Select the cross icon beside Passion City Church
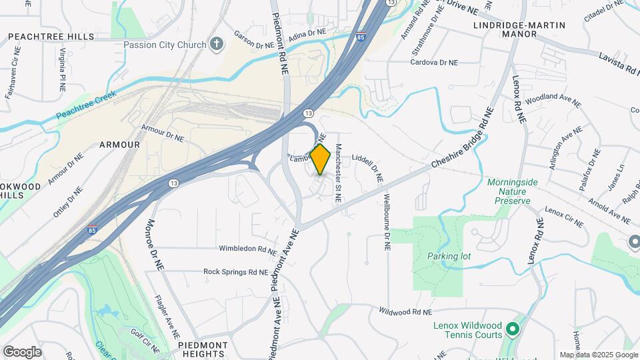tap(215, 45)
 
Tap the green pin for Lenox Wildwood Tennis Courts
tap(512, 329)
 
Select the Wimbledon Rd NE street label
tap(248, 250)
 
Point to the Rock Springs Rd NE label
tap(235, 272)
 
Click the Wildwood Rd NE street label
tap(405, 311)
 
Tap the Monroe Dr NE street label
tap(155, 245)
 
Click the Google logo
tap(22, 352)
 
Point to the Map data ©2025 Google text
tap(598, 355)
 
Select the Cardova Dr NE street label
tap(434, 62)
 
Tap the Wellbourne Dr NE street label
tap(386, 222)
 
